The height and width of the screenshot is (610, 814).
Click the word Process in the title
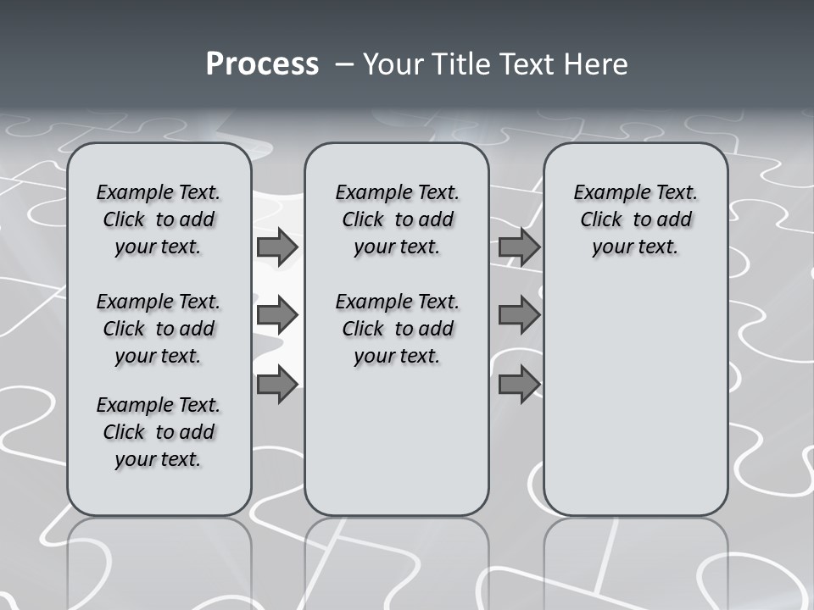tap(262, 64)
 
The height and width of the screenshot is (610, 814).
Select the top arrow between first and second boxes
tap(277, 247)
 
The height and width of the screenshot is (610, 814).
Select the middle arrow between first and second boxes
tap(277, 315)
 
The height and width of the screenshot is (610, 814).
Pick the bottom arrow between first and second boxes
tap(277, 385)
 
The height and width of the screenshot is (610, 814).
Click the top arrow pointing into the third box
tap(519, 247)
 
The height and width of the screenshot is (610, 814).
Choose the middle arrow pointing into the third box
tap(519, 315)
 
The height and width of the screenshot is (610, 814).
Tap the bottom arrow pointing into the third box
tap(519, 385)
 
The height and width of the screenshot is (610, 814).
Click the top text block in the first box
tap(159, 219)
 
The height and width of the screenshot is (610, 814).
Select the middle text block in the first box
tap(159, 329)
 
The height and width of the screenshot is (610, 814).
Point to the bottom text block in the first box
tap(159, 432)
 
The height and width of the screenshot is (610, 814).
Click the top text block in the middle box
tap(397, 219)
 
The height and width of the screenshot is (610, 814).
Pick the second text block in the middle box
tap(397, 329)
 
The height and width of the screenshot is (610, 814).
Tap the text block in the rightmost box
tap(636, 219)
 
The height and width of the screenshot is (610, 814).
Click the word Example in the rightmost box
tap(606, 193)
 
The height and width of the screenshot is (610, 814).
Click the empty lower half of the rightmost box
tap(636, 407)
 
